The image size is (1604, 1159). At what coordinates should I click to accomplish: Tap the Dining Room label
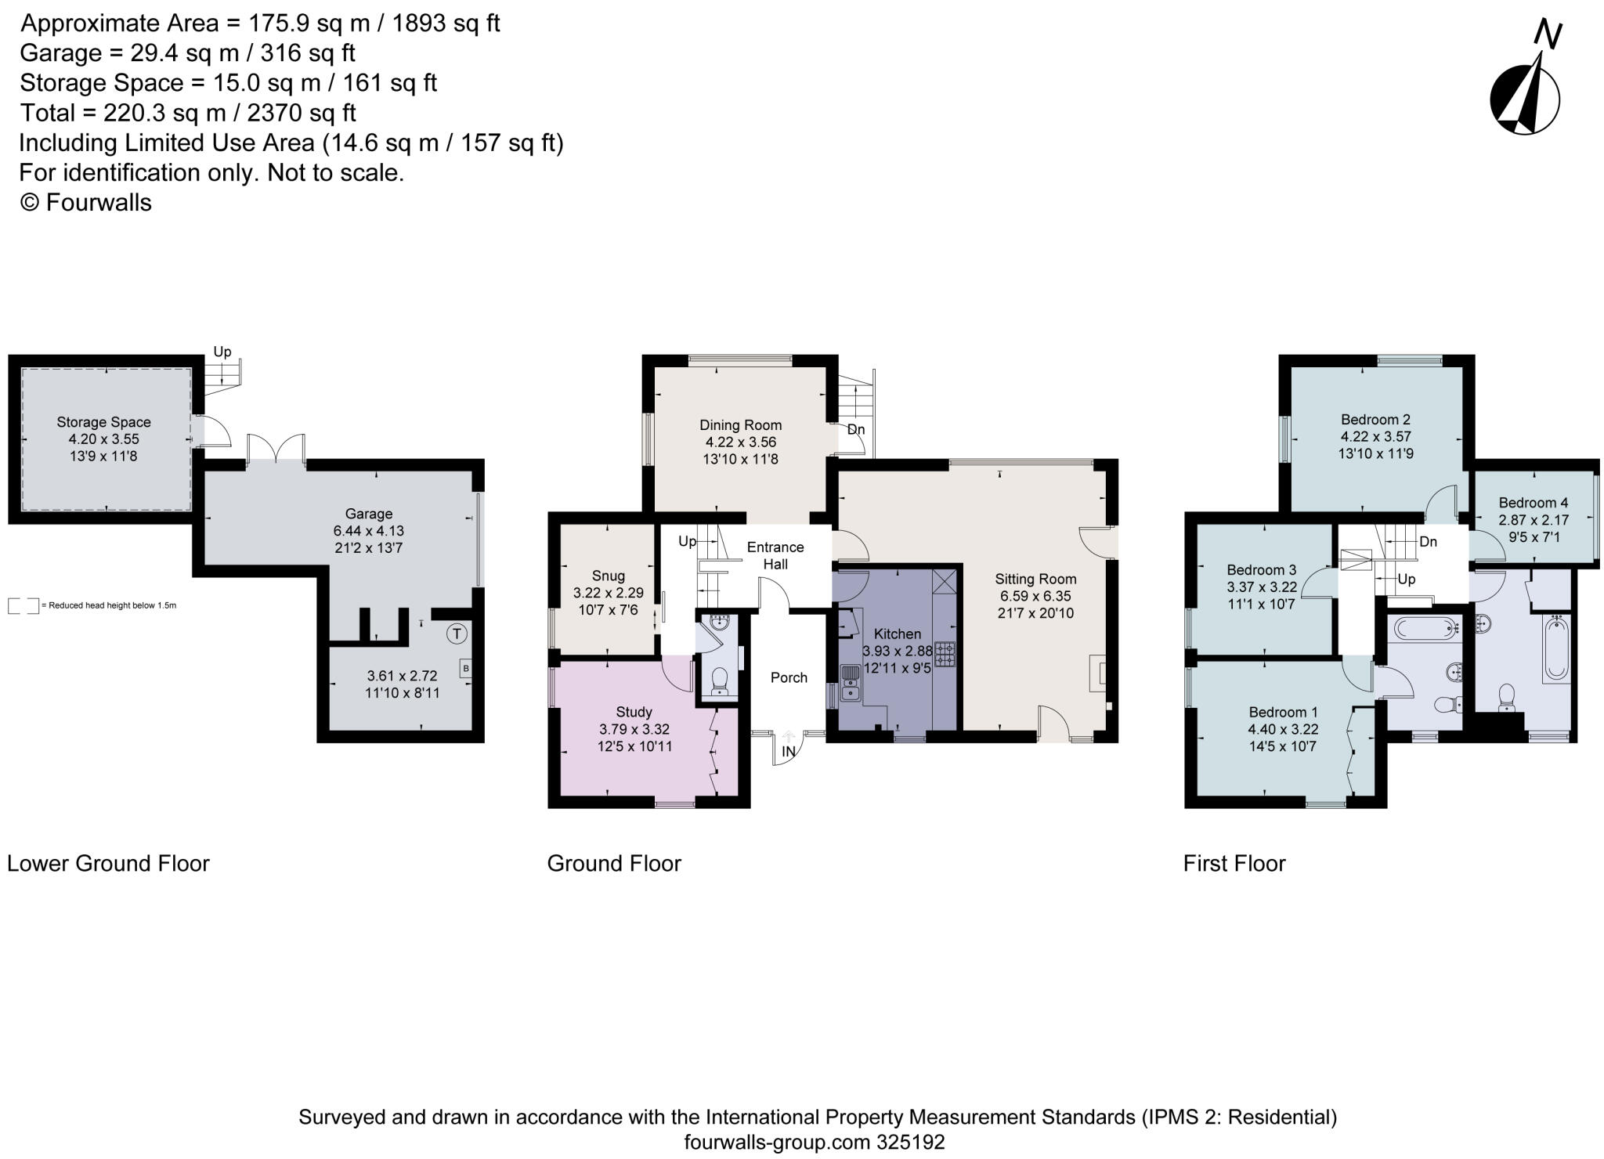[x=740, y=425]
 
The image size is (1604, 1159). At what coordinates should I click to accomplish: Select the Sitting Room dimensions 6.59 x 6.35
[x=1035, y=596]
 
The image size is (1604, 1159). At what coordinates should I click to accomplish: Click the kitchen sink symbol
[x=850, y=683]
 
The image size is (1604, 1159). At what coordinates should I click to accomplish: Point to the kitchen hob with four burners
[x=945, y=654]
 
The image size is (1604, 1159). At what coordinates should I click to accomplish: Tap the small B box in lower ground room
[x=466, y=669]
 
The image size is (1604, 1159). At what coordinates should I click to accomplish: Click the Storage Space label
[x=103, y=422]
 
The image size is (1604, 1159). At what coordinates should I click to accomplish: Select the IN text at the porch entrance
[x=788, y=751]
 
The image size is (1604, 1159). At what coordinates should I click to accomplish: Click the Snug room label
[x=609, y=576]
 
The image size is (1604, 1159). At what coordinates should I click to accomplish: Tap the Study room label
[x=634, y=712]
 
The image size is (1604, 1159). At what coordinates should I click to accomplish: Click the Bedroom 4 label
[x=1534, y=503]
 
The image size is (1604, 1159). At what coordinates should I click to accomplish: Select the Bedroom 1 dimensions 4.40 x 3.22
[x=1283, y=729]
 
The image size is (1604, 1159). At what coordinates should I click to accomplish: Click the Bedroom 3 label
[x=1261, y=570]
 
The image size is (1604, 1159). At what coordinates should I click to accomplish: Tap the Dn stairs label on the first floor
[x=1428, y=541]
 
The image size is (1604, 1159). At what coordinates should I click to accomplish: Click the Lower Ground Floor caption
[x=109, y=864]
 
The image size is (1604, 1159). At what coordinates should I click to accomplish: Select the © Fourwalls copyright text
[x=85, y=203]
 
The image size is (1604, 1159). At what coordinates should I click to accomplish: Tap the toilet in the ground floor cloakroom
[x=720, y=681]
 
